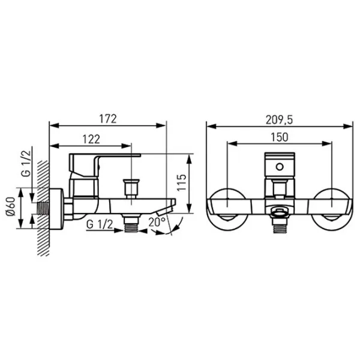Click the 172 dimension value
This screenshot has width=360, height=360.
point(108,119)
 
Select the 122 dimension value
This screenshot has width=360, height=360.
point(91,139)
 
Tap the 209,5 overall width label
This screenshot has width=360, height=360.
point(280,119)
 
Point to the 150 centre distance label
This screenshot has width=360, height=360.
point(280,137)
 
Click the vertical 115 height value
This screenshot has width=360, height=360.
point(181,182)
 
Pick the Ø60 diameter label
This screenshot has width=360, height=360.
point(11,206)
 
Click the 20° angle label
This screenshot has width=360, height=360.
point(157,222)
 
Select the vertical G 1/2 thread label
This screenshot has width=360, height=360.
point(26,163)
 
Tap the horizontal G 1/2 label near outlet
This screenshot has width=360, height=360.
point(100,224)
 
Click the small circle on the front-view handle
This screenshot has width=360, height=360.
point(280,167)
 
